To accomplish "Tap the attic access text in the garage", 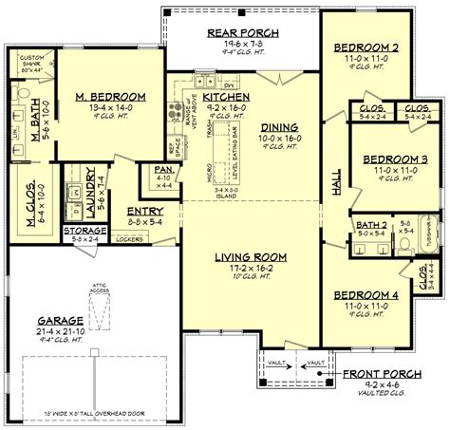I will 97,281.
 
